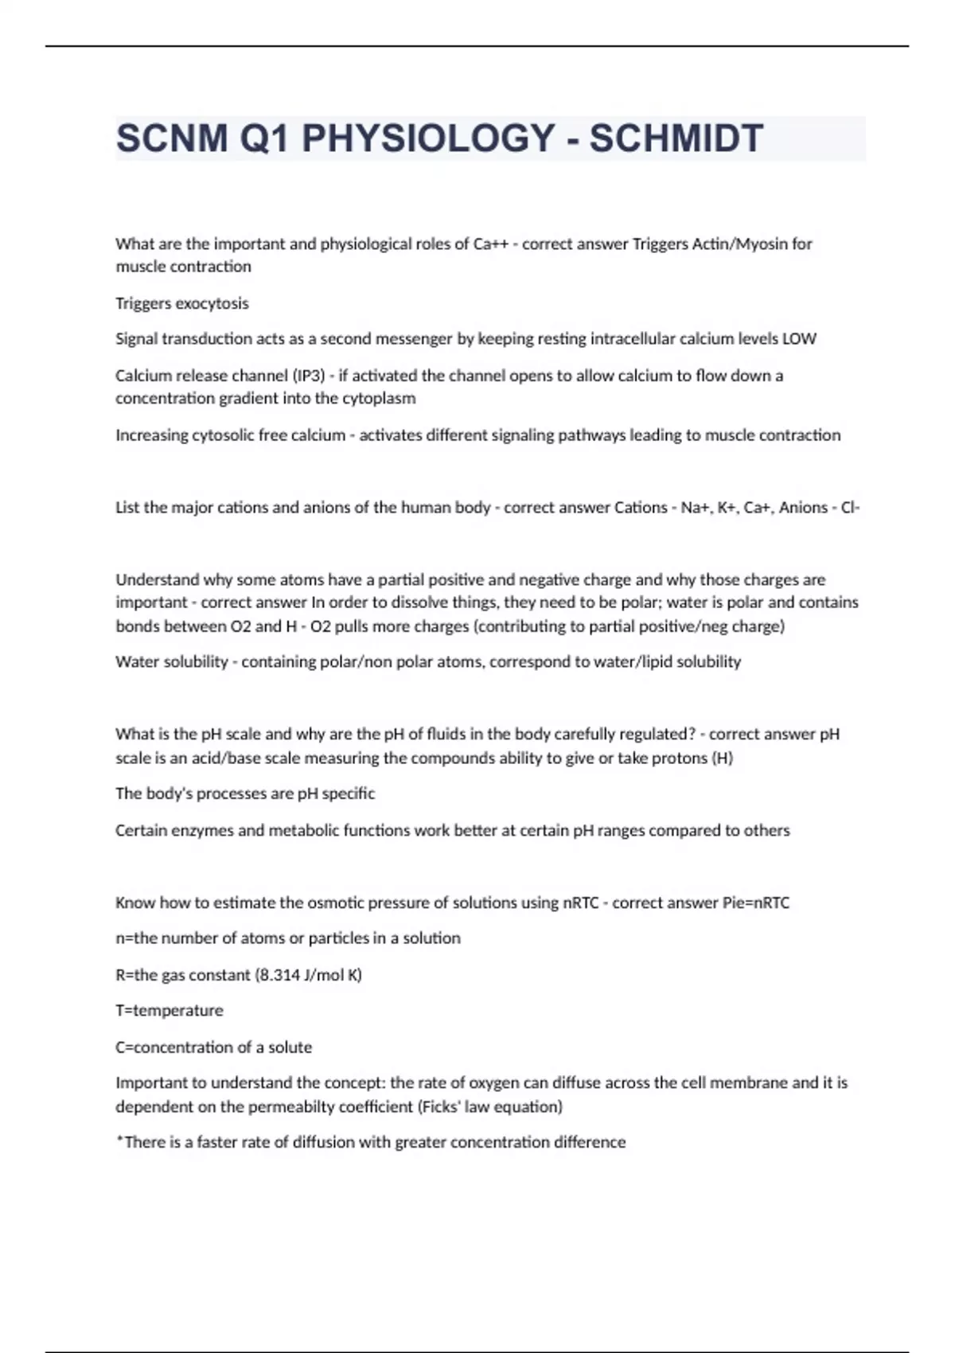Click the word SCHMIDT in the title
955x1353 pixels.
pos(676,138)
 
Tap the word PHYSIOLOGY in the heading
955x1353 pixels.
pos(428,138)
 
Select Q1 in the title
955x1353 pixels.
pos(265,138)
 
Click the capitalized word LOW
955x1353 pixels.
pos(799,339)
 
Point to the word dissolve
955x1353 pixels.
pos(412,602)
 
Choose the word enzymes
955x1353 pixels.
pos(202,830)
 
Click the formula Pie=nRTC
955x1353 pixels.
pos(755,903)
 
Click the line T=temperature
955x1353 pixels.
pos(170,1011)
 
